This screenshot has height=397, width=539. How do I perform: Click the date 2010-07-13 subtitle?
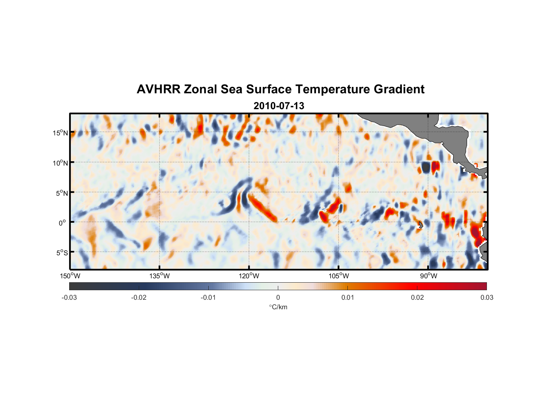[279, 106]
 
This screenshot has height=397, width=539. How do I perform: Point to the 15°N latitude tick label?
[60, 133]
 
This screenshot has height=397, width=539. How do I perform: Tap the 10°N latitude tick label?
[60, 163]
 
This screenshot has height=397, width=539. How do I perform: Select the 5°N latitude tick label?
[62, 193]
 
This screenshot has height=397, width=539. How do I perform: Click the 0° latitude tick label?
[62, 223]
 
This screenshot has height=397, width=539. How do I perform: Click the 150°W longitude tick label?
[70, 276]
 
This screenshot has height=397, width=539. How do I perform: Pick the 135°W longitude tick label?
[160, 276]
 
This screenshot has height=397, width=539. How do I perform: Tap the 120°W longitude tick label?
[249, 276]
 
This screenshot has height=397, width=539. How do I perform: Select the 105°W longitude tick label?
[339, 276]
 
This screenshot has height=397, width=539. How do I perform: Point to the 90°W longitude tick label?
[428, 276]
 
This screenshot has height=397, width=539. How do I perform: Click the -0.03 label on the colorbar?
[69, 297]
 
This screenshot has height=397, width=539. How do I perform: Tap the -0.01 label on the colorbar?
[208, 297]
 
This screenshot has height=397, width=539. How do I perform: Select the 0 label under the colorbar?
[278, 297]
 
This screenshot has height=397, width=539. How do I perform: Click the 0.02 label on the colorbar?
[417, 297]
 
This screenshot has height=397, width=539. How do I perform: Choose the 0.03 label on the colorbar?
[487, 297]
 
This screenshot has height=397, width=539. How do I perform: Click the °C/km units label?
[278, 307]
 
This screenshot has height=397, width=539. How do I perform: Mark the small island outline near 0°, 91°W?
[421, 225]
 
